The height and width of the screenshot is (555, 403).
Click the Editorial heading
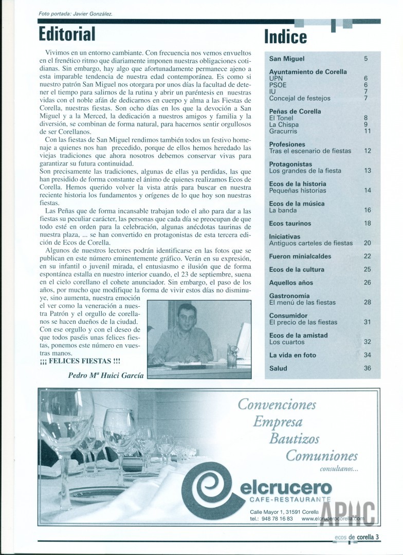coord(67,34)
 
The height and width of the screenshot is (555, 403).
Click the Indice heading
coord(285,37)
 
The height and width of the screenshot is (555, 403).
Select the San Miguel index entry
coord(286,59)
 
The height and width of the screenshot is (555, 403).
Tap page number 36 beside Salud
coord(367,368)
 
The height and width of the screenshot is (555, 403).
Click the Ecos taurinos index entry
coord(290,224)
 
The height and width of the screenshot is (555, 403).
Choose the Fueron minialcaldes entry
coord(300,256)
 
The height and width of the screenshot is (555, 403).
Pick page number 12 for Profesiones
coord(367,151)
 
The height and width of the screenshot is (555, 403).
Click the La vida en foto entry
coord(292,355)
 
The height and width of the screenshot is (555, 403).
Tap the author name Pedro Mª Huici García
coord(106,375)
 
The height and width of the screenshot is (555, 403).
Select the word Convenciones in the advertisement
coord(277,405)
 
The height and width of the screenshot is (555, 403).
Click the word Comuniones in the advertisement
coord(321,455)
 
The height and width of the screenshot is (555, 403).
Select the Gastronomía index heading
coord(289,296)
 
